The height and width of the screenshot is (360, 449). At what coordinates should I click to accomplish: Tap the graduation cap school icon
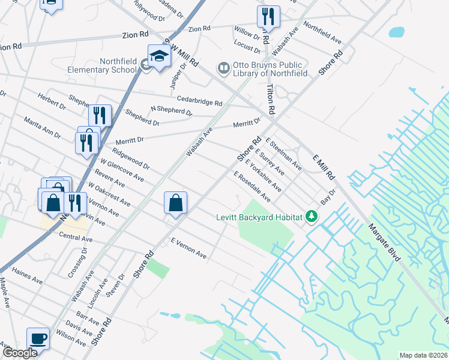tap(160, 57)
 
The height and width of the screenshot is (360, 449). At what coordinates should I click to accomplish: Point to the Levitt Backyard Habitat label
tap(259, 217)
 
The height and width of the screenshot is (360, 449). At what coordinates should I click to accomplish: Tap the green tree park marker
tap(311, 216)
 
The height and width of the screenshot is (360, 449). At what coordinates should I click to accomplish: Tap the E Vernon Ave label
tap(188, 248)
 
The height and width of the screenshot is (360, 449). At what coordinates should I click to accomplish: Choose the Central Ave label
tap(76, 238)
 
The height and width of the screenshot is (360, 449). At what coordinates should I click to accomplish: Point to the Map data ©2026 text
tap(423, 355)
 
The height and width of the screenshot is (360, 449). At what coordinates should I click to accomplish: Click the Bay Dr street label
tap(327, 199)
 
